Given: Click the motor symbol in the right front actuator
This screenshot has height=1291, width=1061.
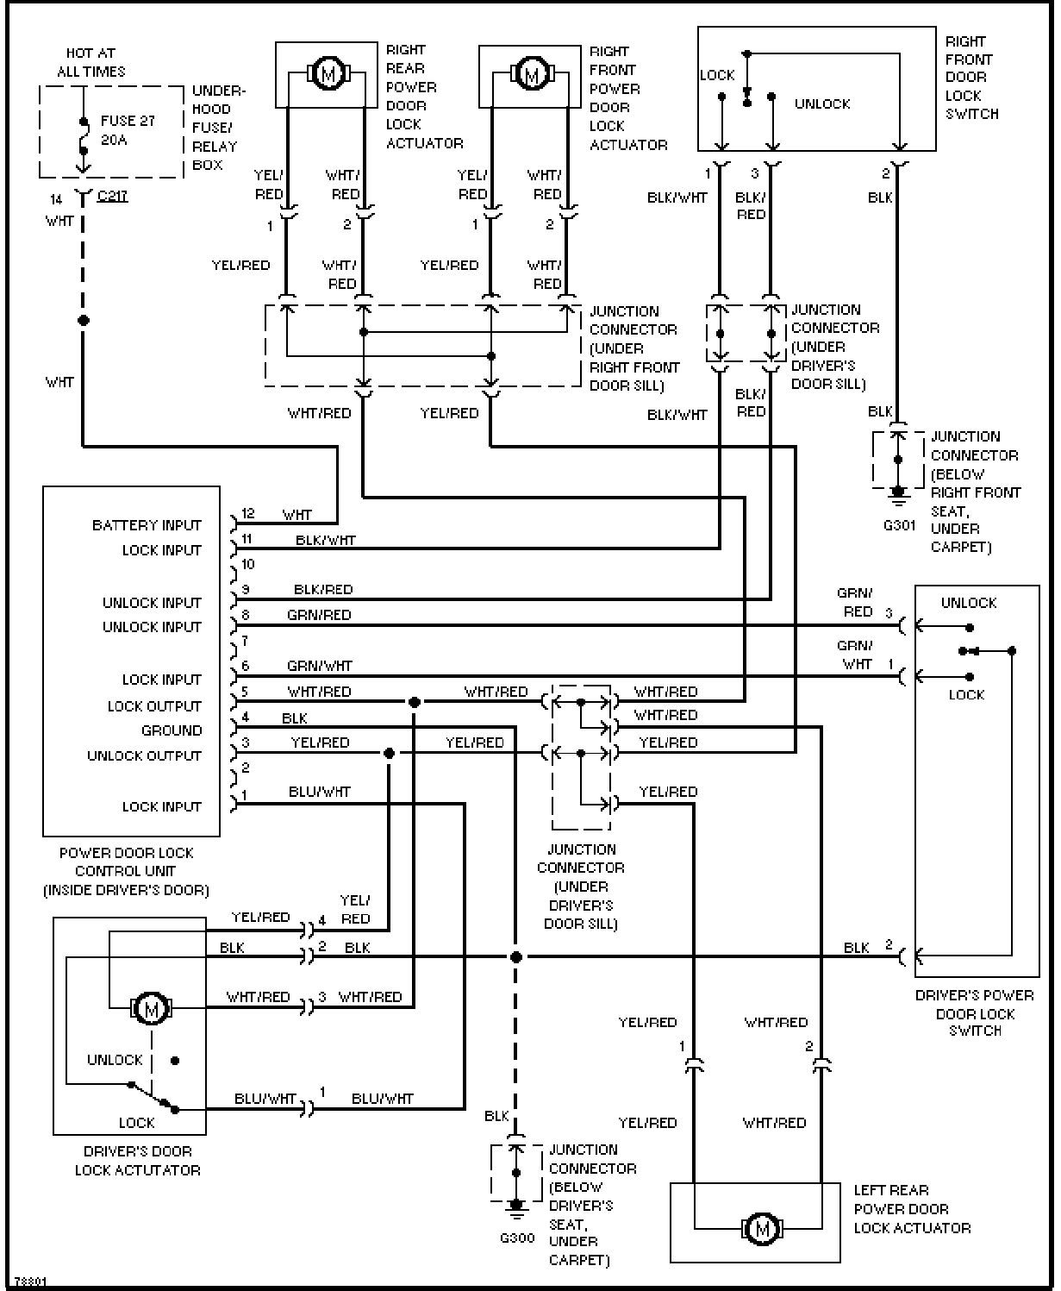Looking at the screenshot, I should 531,74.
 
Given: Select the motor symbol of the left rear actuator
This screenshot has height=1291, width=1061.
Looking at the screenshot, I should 761,1227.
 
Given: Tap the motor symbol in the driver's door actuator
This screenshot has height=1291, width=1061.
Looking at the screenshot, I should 152,1006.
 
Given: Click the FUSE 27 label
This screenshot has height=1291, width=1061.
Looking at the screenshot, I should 128,121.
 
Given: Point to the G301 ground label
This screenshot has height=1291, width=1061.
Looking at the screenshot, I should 899,524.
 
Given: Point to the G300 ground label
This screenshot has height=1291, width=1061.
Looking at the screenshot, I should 517,1238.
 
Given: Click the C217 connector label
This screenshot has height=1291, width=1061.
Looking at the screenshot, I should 112,196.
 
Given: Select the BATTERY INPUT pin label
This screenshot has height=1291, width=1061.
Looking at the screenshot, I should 147,525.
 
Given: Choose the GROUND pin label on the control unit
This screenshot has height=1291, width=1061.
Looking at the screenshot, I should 172,730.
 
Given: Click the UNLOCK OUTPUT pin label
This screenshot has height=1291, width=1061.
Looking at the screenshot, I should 144,755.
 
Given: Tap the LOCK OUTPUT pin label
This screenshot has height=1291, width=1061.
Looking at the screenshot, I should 154,706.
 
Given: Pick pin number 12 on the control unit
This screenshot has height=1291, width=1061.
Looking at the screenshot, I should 248,514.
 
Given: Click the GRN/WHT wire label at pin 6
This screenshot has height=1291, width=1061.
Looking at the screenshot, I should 319,666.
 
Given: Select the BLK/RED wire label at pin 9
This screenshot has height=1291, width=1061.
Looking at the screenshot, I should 323,590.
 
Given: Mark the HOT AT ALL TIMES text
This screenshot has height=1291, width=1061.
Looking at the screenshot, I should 90,62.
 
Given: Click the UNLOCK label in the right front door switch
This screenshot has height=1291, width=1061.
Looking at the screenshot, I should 821,103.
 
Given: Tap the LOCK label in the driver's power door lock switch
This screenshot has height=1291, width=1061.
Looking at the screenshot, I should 965,694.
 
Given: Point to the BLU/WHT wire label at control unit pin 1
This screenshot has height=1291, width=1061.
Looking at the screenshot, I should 320,792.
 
